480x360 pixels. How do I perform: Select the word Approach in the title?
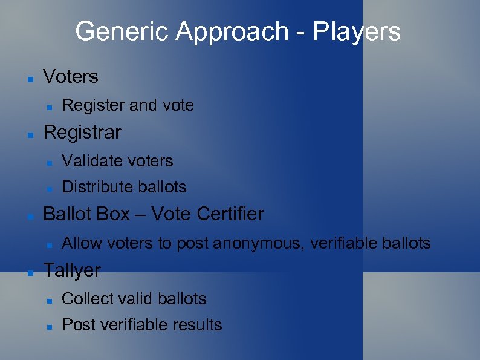[230, 31]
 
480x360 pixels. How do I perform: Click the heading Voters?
[71, 77]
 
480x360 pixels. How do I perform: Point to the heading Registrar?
[82, 132]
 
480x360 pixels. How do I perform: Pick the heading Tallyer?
[72, 270]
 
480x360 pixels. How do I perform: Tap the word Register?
[91, 105]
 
